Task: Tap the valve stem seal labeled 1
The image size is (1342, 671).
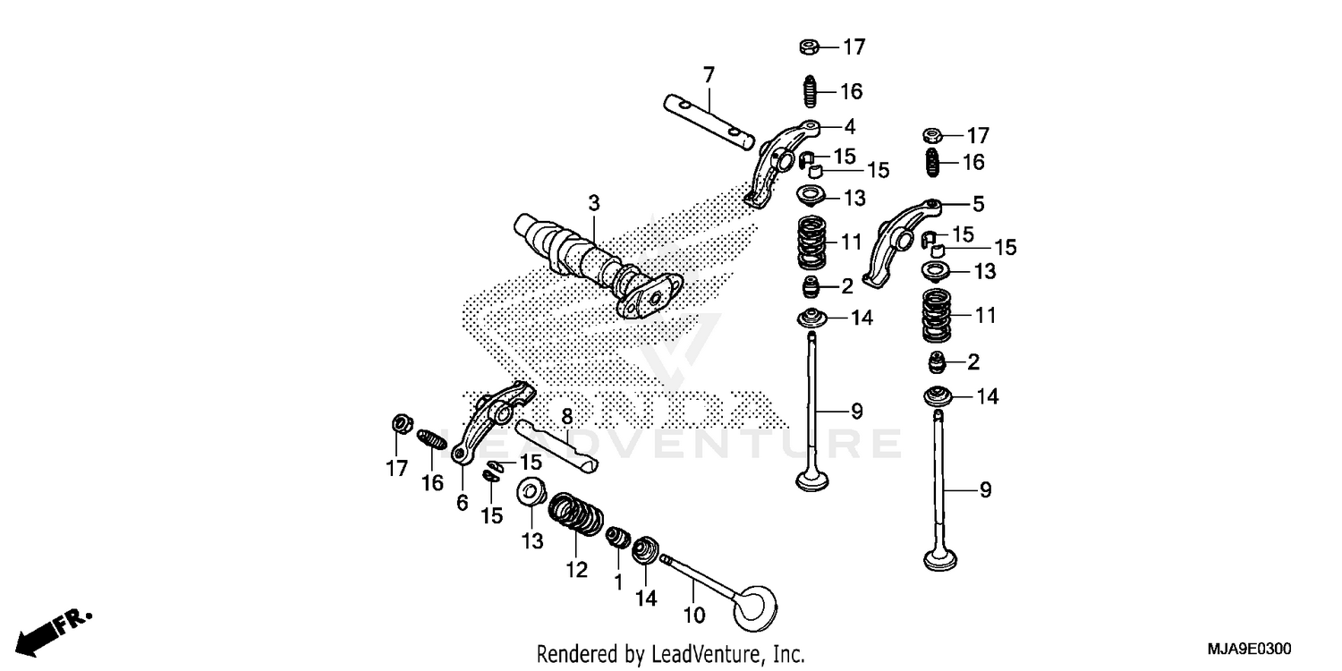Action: tap(616, 539)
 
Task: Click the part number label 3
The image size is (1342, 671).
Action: tap(593, 204)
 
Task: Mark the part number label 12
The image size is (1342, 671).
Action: tap(576, 569)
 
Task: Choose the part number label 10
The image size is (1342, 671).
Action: tap(695, 615)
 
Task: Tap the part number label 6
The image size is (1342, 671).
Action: tap(462, 504)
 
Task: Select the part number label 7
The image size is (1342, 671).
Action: tap(709, 75)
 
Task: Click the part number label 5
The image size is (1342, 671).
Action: tap(978, 204)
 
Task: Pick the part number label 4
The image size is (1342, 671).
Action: tap(849, 126)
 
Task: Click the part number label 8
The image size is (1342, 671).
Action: tap(566, 416)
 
